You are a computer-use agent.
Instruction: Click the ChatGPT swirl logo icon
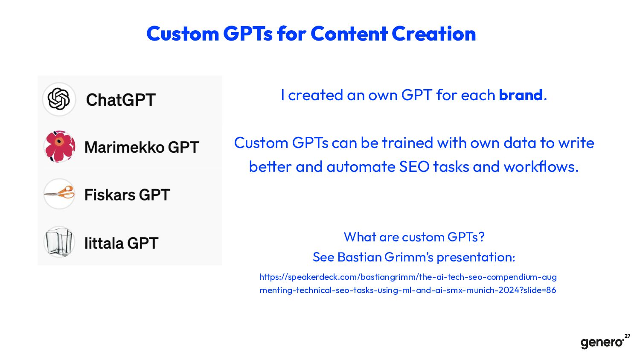[x=59, y=99]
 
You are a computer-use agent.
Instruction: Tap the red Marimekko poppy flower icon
[x=59, y=147]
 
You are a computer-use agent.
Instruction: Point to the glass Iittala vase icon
[x=59, y=242]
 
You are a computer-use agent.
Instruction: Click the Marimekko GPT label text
[x=142, y=148]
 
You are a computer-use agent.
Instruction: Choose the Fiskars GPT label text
[x=127, y=195]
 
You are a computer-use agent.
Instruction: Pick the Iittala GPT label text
[x=121, y=243]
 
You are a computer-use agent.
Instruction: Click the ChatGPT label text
[x=121, y=100]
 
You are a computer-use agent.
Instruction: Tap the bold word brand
[x=521, y=95]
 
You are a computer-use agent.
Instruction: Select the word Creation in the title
[x=434, y=34]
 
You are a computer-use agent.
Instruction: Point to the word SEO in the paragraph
[x=414, y=167]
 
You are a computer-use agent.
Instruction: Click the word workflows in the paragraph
[x=541, y=167]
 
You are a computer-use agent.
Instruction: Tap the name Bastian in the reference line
[x=359, y=257]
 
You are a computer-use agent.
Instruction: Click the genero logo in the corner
[x=602, y=343]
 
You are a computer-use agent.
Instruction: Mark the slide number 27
[x=628, y=336]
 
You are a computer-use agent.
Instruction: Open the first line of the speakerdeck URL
[x=408, y=277]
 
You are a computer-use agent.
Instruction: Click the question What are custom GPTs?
[x=414, y=237]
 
